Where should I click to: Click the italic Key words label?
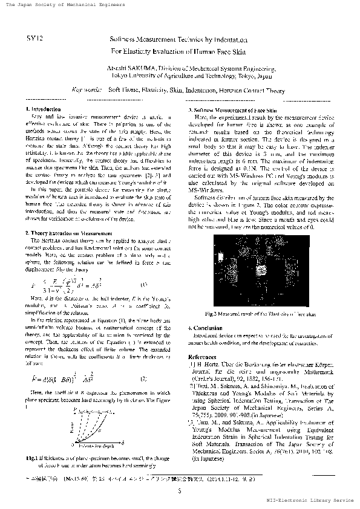87,89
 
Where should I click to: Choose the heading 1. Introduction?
46,108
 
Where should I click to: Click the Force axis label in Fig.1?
71,429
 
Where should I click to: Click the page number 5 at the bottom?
180,490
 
